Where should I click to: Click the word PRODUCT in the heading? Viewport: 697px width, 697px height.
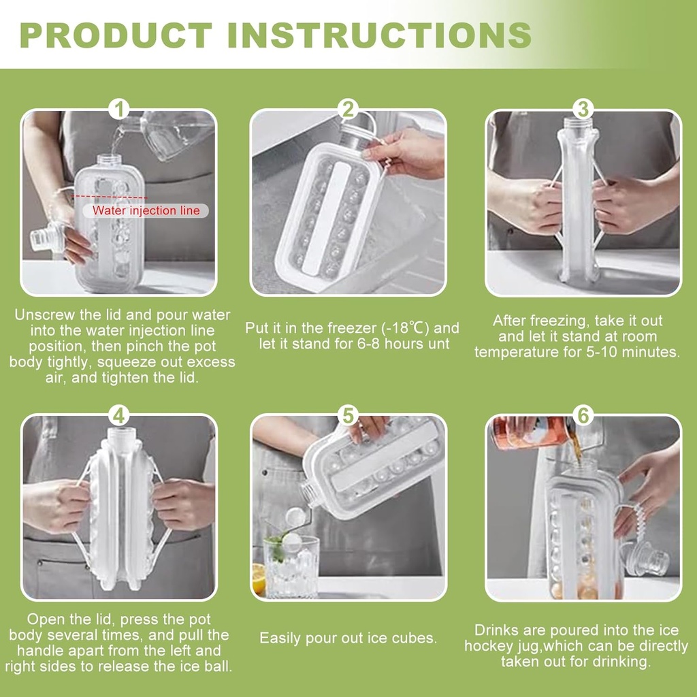116,35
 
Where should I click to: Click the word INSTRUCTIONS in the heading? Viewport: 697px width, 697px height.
378,35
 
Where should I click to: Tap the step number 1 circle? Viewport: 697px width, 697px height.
119,109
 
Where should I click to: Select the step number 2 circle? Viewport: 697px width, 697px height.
348,109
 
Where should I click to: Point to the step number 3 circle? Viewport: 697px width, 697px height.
583,109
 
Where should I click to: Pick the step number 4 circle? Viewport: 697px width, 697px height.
119,415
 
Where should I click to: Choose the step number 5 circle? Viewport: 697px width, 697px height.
348,415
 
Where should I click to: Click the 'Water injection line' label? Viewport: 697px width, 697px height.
146,210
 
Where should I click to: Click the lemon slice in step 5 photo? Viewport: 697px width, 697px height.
259,579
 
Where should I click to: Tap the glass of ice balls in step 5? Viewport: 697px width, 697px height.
291,565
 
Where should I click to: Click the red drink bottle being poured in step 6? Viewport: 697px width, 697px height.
531,432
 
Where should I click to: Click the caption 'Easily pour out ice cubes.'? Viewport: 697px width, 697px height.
348,638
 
